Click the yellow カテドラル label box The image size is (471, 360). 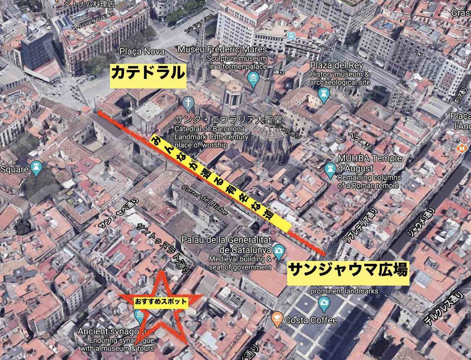[148, 76]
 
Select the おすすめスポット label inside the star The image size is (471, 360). [160, 302]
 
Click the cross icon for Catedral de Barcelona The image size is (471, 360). [188, 104]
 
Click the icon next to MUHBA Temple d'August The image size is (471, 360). [330, 170]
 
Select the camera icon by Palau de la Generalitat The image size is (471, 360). [279, 251]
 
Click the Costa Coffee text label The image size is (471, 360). [311, 320]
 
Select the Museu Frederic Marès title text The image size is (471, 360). [222, 49]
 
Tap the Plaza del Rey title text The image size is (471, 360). [336, 65]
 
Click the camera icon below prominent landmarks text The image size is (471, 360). [324, 302]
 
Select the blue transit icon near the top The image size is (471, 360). [291, 36]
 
